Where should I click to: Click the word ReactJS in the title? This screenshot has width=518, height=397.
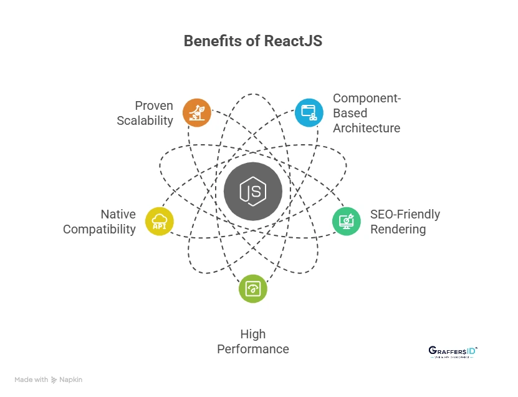pos(293,41)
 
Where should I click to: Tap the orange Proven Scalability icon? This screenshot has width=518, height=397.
pos(197,112)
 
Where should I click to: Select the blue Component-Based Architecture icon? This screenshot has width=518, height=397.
pos(309,112)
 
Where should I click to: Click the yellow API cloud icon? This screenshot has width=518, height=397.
pos(160,221)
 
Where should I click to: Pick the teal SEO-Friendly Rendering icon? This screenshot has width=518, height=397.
pos(347,221)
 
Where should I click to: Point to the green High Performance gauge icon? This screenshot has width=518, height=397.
pos(253,288)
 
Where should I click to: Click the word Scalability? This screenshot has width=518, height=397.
pos(145,120)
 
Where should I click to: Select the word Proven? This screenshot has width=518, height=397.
pos(154,105)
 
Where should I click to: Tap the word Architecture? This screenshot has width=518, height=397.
pos(367,128)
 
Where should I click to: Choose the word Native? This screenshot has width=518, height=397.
pos(118,214)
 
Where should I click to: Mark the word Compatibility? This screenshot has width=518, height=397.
pos(100,229)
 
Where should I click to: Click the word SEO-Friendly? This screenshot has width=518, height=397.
pos(405,214)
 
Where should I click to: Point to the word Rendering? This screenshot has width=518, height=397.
pos(398,229)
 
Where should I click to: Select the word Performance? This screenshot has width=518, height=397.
pos(253,349)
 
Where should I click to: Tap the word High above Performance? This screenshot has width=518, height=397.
pos(253,334)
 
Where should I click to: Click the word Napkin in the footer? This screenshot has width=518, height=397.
pos(70,380)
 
